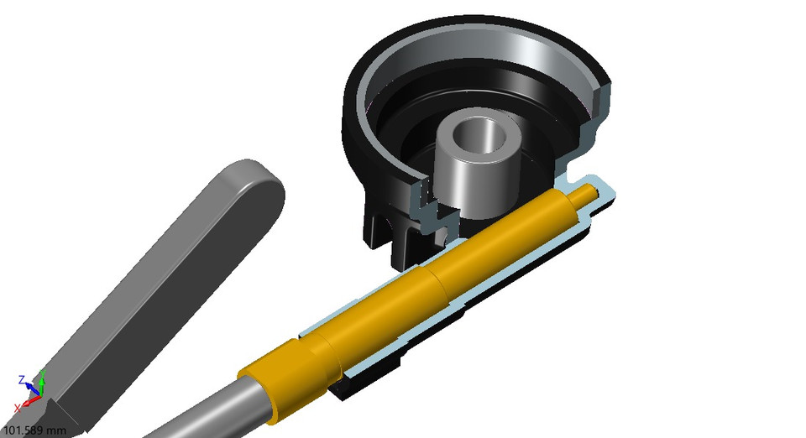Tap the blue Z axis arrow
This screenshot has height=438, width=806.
29,383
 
